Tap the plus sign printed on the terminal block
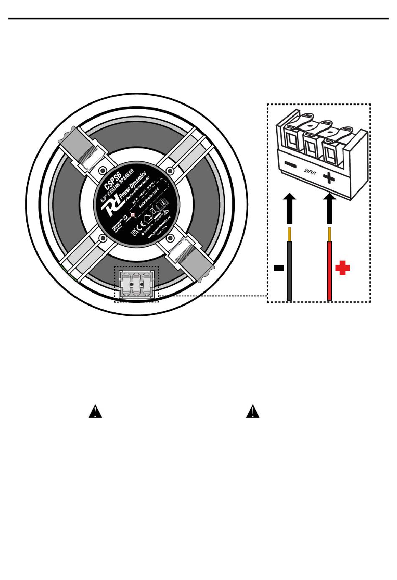pos(329,179)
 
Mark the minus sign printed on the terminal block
pos(291,166)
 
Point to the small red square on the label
pos(133,215)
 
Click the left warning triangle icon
pos(95,412)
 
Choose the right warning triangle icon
pos(252,412)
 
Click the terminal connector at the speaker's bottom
pos(137,284)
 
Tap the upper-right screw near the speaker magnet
pos(169,170)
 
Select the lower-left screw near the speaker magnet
pos(102,238)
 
